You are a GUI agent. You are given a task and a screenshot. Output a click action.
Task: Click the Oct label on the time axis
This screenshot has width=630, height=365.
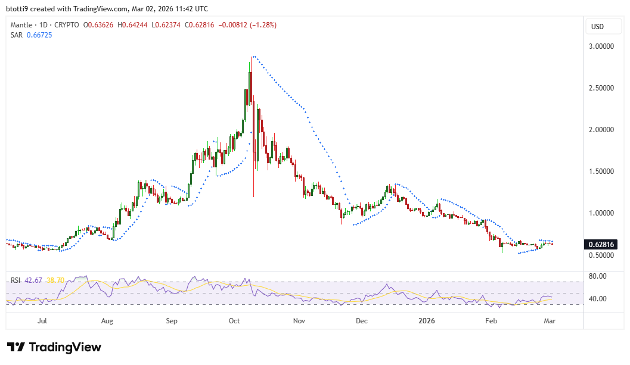(234, 321)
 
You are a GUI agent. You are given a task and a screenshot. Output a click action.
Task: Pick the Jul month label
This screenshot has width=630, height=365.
(42, 321)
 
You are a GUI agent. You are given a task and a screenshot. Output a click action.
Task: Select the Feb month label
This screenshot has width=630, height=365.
(491, 321)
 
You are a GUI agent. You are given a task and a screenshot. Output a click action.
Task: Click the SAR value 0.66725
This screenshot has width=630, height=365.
(39, 35)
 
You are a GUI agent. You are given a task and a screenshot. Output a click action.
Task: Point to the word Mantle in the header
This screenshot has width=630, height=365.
(22, 25)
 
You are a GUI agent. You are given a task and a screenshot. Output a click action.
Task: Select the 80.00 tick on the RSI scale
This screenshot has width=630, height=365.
(597, 276)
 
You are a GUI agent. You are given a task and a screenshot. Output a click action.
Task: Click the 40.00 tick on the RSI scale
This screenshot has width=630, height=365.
(597, 299)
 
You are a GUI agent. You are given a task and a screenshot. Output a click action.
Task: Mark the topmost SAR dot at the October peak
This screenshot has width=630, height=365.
(253, 57)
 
